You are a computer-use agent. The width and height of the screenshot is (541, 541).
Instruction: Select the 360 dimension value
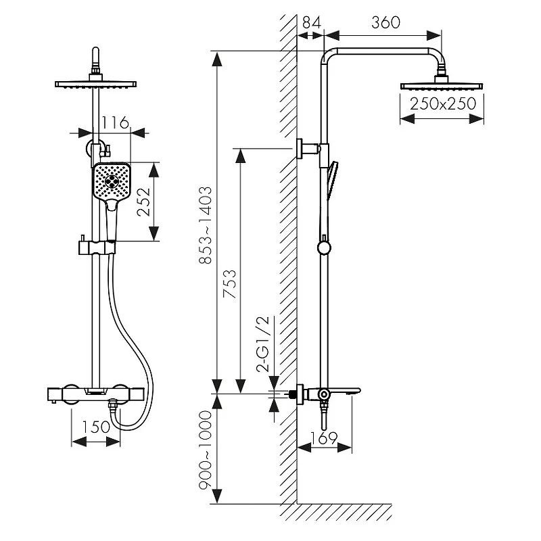pyautogui.click(x=385, y=22)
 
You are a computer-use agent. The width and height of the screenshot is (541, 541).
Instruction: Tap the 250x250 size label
pyautogui.click(x=442, y=103)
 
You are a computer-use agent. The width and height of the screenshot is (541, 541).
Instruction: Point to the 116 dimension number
pyautogui.click(x=115, y=122)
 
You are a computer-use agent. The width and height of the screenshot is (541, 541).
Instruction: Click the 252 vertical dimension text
pyautogui.click(x=144, y=202)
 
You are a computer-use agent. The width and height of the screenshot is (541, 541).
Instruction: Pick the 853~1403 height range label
pyautogui.click(x=206, y=226)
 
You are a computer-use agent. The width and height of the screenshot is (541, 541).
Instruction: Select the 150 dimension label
pyautogui.click(x=96, y=427)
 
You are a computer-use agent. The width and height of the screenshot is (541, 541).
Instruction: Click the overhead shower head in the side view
pyautogui.click(x=442, y=86)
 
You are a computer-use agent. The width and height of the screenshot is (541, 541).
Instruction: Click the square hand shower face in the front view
pyautogui.click(x=112, y=182)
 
